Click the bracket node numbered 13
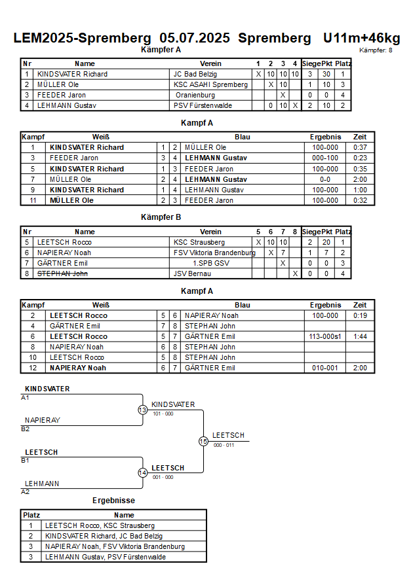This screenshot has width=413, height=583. [143, 410]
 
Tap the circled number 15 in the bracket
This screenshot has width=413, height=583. [203, 442]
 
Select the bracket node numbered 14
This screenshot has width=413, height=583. [143, 472]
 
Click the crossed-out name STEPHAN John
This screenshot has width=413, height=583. [62, 274]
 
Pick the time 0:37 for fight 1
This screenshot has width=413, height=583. [360, 147]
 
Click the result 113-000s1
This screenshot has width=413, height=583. [325, 336]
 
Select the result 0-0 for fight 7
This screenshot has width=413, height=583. [325, 179]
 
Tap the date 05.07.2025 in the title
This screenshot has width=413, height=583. [195, 38]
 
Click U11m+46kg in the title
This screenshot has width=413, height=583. [362, 38]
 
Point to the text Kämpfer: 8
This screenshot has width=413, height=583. [376, 50]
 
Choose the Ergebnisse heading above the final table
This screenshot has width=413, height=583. [113, 501]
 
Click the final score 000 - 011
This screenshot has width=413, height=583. [224, 445]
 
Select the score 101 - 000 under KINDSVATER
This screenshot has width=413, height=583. [163, 414]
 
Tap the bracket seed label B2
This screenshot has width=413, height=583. [26, 429]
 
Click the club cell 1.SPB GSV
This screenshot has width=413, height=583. [211, 263]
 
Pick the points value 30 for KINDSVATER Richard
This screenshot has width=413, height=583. [326, 74]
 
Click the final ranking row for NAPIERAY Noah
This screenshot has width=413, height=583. [113, 546]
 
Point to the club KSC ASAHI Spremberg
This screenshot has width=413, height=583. [210, 84]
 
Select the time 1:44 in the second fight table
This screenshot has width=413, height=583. [360, 336]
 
